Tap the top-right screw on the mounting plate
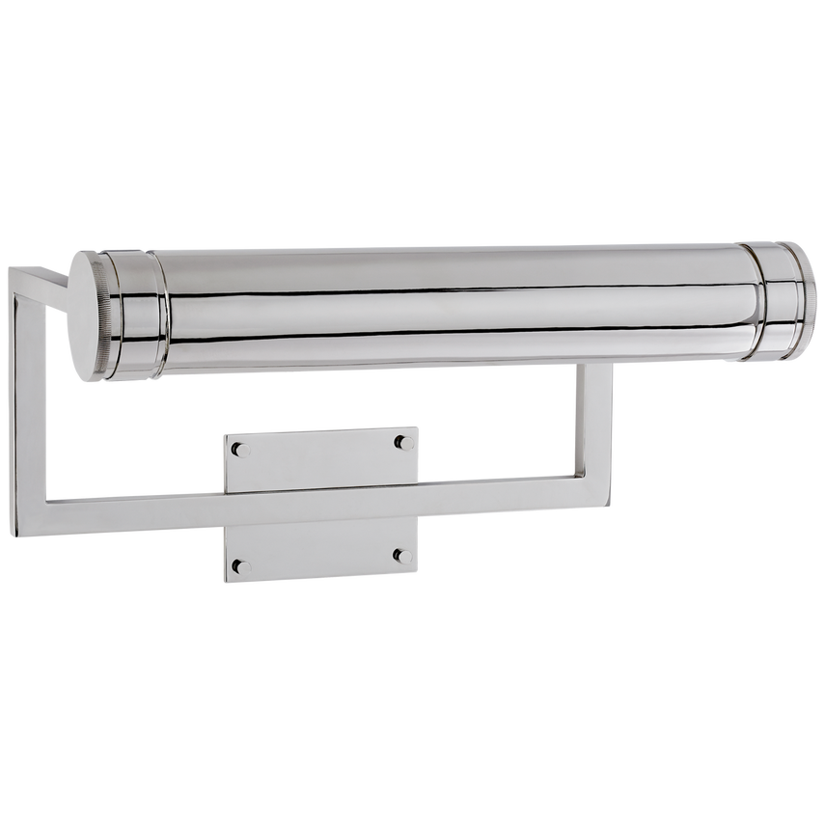coord(402,443)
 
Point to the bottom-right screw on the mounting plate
coord(402,555)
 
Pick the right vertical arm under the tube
coord(594,415)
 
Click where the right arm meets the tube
coord(594,371)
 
